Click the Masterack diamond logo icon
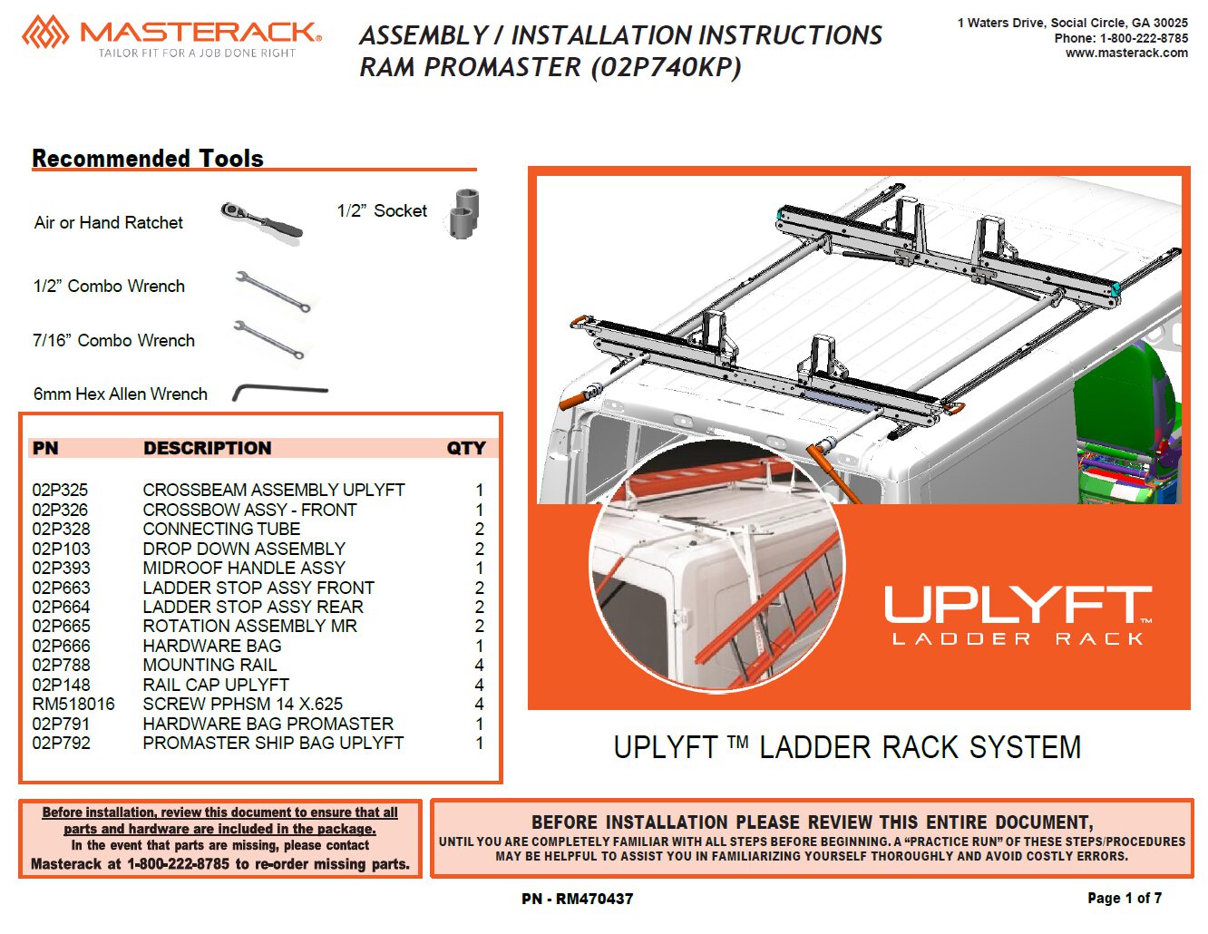tap(45, 33)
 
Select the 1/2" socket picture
tap(463, 214)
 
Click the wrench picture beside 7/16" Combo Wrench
tap(268, 339)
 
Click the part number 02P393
tap(61, 568)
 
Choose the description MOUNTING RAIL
tap(209, 665)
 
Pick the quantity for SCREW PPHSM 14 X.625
tap(479, 704)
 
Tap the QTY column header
tap(466, 448)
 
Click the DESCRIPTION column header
tap(208, 448)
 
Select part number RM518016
tap(73, 704)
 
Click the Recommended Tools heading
tap(147, 159)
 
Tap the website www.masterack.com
tap(1126, 53)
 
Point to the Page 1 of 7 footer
tap(1124, 898)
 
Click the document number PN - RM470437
tap(577, 899)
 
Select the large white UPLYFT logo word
tap(1018, 605)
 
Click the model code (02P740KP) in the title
tap(666, 68)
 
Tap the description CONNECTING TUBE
tap(221, 529)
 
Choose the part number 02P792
tap(61, 743)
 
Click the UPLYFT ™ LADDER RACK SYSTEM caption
tap(847, 747)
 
